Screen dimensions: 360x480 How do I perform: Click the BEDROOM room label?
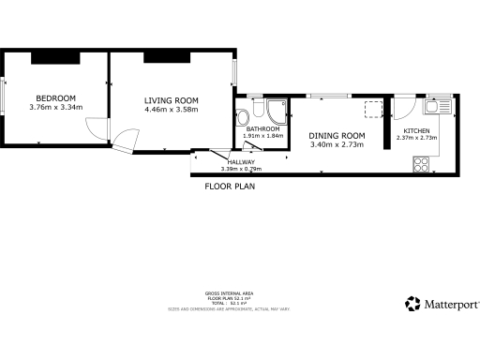[55, 97]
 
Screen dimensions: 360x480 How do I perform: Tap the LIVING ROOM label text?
[172, 100]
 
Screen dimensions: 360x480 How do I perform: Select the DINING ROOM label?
[335, 135]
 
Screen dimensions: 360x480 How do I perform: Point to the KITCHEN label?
[416, 130]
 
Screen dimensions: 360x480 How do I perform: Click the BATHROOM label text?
[262, 128]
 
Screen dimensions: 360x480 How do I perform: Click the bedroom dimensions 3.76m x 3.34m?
[56, 107]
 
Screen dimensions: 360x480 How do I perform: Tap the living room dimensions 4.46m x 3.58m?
[172, 110]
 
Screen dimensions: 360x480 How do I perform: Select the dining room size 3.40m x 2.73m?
[335, 144]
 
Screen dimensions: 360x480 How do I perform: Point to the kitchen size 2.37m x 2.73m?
[416, 138]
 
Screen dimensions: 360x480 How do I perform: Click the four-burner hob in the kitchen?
[421, 165]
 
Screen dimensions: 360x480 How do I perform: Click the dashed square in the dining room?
[373, 108]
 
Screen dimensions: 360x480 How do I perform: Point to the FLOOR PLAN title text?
[229, 186]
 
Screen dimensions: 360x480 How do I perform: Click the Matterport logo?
[442, 304]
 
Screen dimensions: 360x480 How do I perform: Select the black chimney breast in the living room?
[170, 58]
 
